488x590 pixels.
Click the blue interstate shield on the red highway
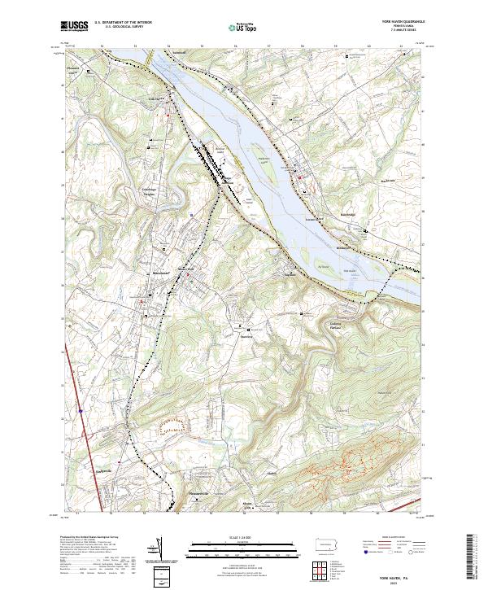pyautogui.click(x=81, y=411)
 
